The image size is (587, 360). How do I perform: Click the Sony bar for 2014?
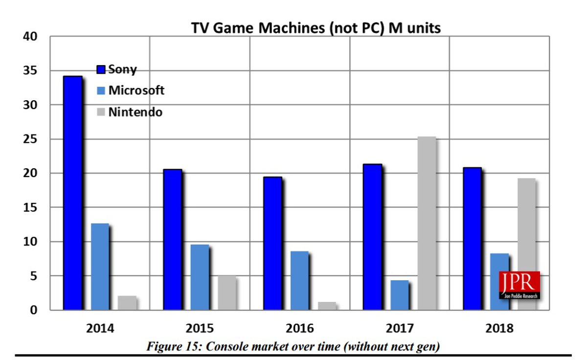72,193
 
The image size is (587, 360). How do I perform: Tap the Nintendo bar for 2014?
127,303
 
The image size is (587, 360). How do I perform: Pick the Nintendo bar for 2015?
226,292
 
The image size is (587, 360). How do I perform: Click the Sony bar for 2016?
272,243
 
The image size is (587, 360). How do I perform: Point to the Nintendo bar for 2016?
327,306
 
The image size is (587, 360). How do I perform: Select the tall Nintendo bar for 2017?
426,223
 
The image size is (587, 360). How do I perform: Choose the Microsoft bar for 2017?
399,295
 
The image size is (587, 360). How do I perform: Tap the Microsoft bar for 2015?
200,277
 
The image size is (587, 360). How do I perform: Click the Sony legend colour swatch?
101,69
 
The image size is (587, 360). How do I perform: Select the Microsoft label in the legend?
136,90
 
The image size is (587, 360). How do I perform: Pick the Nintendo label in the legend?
135,112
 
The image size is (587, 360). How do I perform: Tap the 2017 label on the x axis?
400,328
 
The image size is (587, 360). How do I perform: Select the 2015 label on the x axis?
200,328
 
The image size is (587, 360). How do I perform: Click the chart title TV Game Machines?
316,28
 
